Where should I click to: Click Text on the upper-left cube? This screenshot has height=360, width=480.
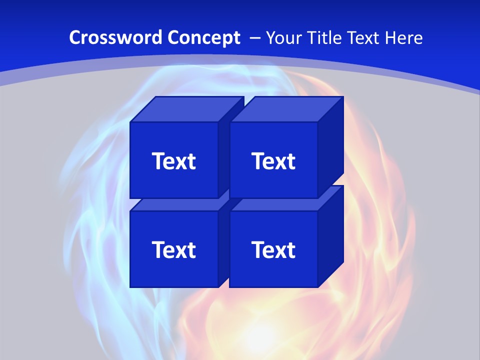(173, 161)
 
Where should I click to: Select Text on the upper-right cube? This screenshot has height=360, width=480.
(273, 161)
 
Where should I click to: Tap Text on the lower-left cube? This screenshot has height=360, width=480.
(173, 249)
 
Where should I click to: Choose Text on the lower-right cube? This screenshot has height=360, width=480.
(273, 249)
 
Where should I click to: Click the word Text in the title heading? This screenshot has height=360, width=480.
(364, 37)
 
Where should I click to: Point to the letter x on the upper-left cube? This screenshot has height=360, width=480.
(179, 163)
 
